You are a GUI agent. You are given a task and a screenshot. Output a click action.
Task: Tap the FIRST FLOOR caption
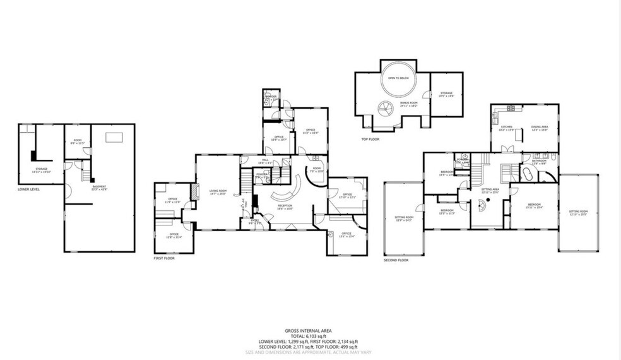pos(164,258)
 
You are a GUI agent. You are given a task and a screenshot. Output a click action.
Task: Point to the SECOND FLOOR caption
pos(396,260)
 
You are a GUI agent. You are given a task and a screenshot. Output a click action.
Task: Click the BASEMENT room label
pos(100,186)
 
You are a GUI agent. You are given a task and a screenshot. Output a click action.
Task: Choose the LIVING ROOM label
pos(218,193)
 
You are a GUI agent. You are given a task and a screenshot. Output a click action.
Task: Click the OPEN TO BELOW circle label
pos(397,78)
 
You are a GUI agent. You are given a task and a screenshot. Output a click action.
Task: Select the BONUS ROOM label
pos(409,103)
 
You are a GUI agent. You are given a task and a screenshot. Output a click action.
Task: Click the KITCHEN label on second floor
pos(507,127)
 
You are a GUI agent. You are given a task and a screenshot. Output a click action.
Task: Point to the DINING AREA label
pos(539,127)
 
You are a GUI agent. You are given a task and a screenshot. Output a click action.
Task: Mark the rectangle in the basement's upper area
pos(114,138)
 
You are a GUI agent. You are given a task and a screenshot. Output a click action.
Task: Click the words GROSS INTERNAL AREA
pos(309,330)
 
